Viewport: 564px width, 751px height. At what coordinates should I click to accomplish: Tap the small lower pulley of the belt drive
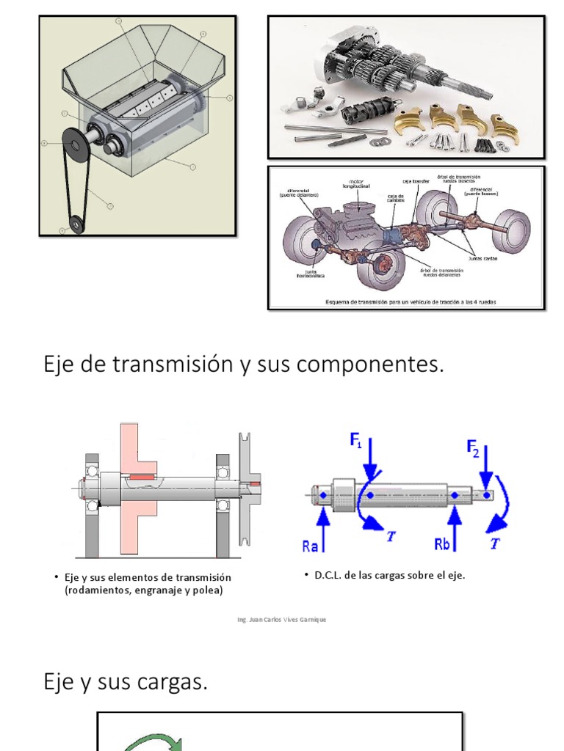coord(74,223)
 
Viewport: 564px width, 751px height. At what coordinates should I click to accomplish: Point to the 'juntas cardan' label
coord(482,257)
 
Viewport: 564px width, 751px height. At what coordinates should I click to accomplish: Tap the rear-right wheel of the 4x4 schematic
coord(511,231)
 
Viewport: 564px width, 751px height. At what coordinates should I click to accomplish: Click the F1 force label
coord(356,442)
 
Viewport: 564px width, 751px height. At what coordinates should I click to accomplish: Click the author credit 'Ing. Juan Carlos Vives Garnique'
coord(282,620)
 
